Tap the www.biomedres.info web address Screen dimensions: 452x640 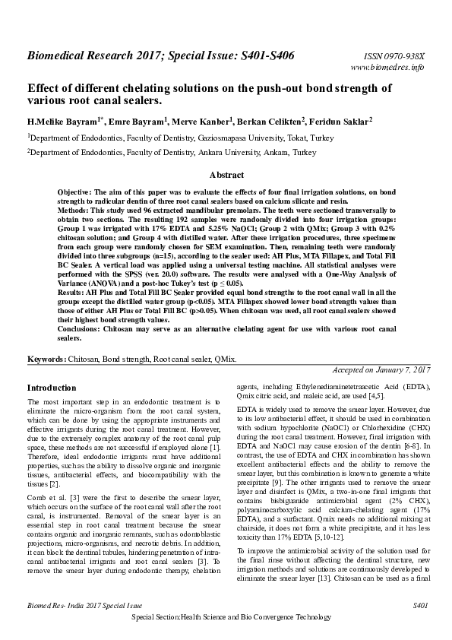(x=394, y=68)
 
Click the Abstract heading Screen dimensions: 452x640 (x=226, y=174)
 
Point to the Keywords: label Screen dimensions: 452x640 (x=47, y=358)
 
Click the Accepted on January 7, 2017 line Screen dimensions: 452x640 (x=381, y=369)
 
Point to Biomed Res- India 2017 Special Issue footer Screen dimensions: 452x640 (x=74, y=606)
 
